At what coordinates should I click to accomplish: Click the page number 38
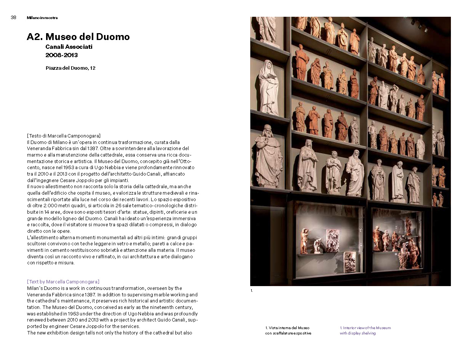[13, 18]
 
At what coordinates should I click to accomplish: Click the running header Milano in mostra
[42, 18]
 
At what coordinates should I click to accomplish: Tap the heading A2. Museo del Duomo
[78, 37]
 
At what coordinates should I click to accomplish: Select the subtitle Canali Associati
[69, 47]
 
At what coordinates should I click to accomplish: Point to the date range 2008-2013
[61, 55]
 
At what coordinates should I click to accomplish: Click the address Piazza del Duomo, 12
[70, 68]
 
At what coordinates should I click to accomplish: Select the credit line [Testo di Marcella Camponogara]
[64, 136]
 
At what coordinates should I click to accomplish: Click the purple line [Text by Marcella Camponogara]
[63, 282]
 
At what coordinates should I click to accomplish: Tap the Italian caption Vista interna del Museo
[288, 328]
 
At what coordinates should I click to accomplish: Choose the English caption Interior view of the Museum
[365, 328]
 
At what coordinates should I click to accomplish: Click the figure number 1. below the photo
[252, 291]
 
